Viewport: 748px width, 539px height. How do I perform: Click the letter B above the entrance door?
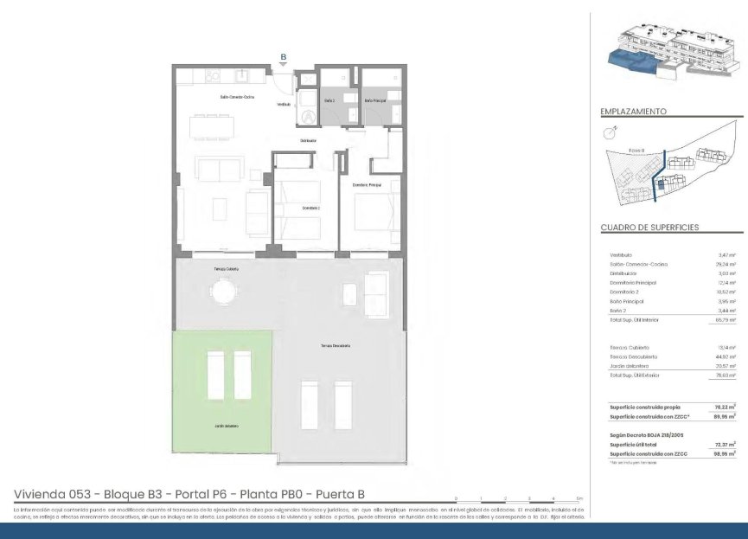[283, 57]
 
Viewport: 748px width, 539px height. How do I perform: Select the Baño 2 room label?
[329, 100]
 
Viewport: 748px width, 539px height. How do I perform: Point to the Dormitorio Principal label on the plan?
[367, 185]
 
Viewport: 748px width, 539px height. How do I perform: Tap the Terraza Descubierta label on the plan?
[336, 346]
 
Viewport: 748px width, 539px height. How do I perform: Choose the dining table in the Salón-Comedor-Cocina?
[211, 126]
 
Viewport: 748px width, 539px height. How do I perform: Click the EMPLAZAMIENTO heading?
[633, 112]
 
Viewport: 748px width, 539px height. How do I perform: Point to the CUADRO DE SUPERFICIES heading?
[649, 228]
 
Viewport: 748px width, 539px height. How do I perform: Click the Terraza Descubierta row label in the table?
[634, 356]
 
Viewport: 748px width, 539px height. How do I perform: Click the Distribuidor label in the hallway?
[308, 140]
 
